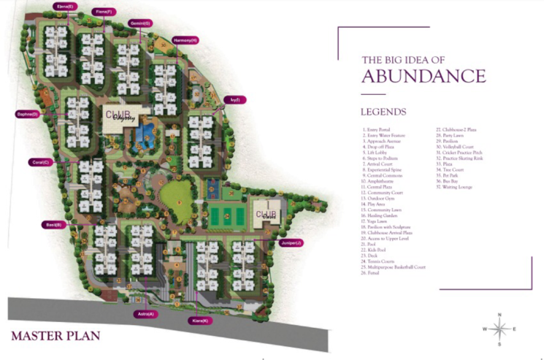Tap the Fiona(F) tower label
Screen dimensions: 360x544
pyautogui.click(x=104, y=12)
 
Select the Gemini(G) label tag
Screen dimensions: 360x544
pyautogui.click(x=140, y=23)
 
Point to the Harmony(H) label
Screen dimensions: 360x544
pyautogui.click(x=185, y=40)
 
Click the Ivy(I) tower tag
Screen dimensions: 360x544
pyautogui.click(x=234, y=99)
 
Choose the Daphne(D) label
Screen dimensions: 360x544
pyautogui.click(x=27, y=114)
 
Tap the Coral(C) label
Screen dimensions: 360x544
pyautogui.click(x=39, y=162)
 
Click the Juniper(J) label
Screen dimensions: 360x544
pyautogui.click(x=290, y=242)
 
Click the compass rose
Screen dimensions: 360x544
pyautogui.click(x=499, y=329)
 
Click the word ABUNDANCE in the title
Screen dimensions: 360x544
pyautogui.click(x=424, y=76)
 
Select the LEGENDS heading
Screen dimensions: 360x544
pyautogui.click(x=383, y=112)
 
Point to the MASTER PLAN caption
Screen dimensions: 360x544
pyautogui.click(x=55, y=336)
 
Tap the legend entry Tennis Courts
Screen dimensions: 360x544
pyautogui.click(x=383, y=262)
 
